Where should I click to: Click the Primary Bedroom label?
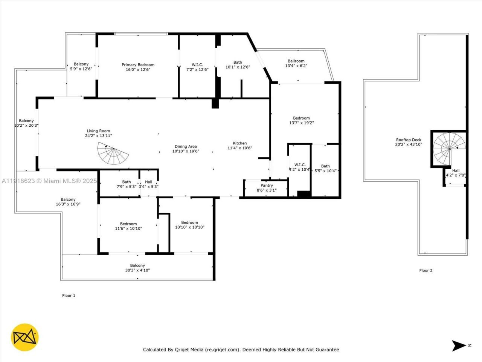click(x=138, y=65)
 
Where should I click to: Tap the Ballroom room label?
click(x=296, y=61)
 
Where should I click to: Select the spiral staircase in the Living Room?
click(x=113, y=154)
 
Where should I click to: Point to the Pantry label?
click(x=267, y=186)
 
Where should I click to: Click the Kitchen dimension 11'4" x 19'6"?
click(x=240, y=148)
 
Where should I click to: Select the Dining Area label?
click(x=186, y=147)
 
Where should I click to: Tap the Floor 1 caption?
click(x=69, y=296)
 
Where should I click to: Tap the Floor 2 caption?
click(x=426, y=270)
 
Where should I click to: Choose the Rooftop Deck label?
click(x=409, y=140)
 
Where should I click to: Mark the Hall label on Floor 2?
click(x=456, y=170)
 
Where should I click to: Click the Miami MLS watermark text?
click(x=49, y=181)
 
